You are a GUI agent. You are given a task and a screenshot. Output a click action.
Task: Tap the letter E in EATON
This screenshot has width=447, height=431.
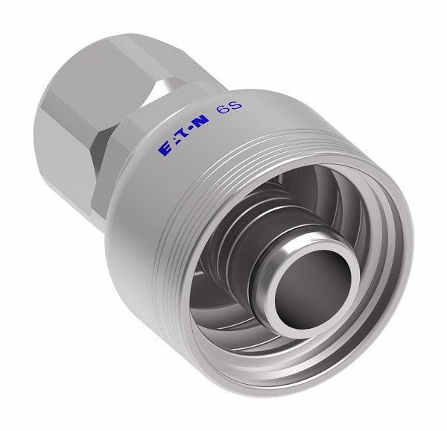click(x=164, y=150)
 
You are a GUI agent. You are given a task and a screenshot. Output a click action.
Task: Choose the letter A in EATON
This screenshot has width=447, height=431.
click(x=173, y=144)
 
